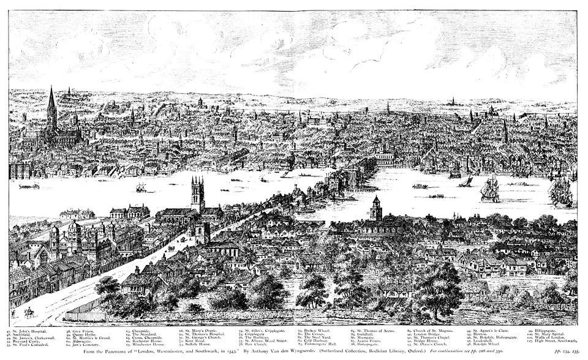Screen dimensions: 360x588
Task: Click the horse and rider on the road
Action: [28, 314]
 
